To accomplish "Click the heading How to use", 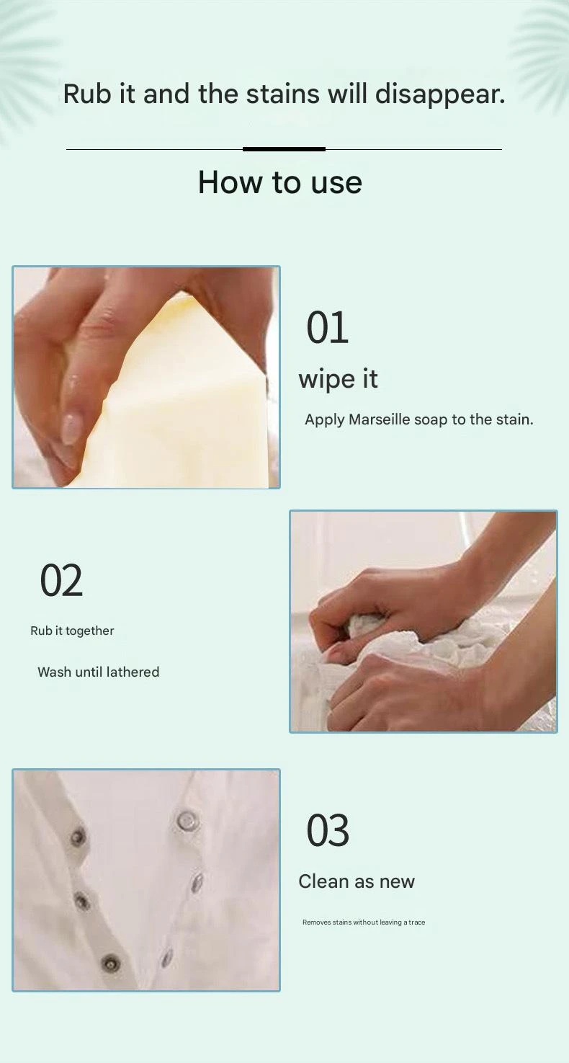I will pyautogui.click(x=279, y=182).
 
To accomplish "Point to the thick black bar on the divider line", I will pyautogui.click(x=284, y=149).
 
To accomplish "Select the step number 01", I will pyautogui.click(x=328, y=328).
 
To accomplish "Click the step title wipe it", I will pyautogui.click(x=338, y=380).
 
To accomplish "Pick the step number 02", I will pyautogui.click(x=61, y=581).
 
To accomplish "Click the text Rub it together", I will pyautogui.click(x=72, y=631).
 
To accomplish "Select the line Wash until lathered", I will pyautogui.click(x=98, y=672).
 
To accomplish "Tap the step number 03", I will pyautogui.click(x=328, y=830).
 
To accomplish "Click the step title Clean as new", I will pyautogui.click(x=357, y=881).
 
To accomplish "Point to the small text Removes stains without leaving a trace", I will pyautogui.click(x=364, y=922).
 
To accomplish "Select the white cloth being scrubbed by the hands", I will pyautogui.click(x=403, y=649).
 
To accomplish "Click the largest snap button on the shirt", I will pyautogui.click(x=187, y=819).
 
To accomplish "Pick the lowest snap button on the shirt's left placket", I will pyautogui.click(x=111, y=963).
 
